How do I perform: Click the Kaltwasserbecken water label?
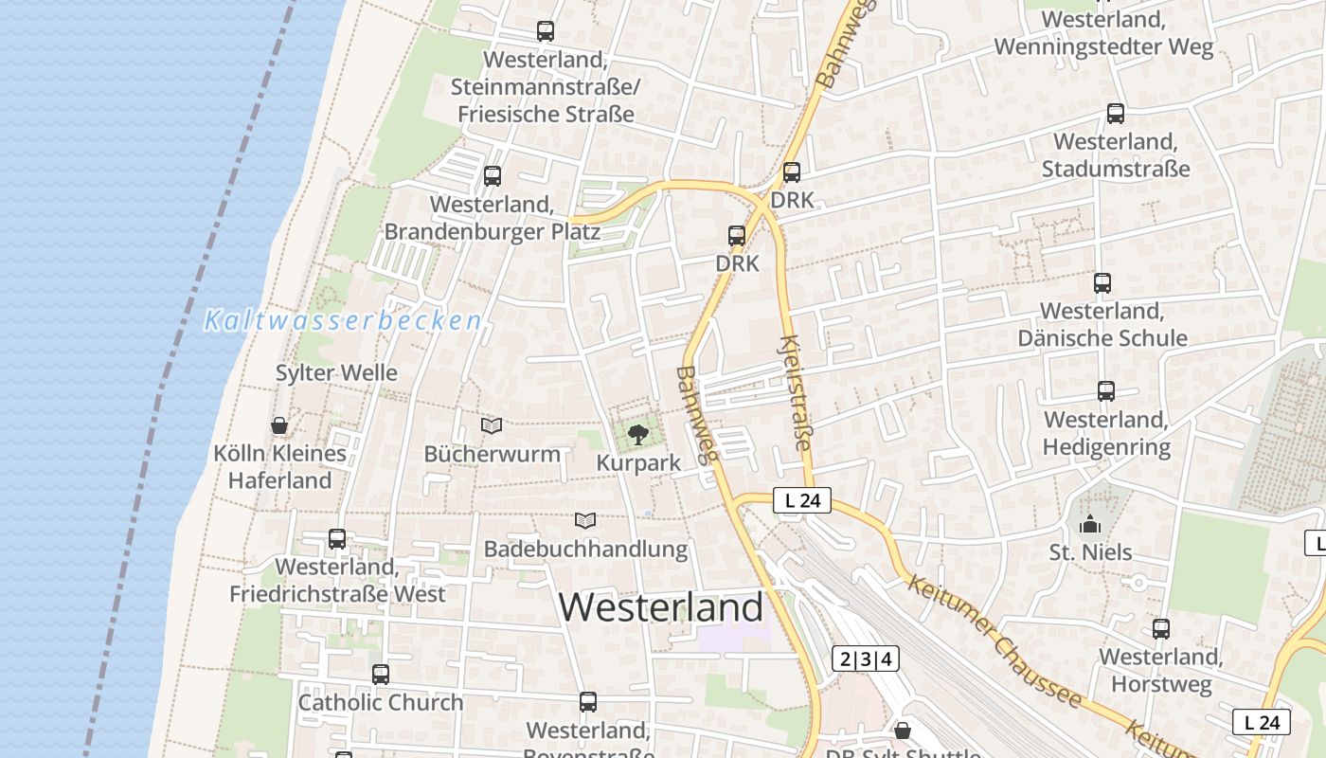343,321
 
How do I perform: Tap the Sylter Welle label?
336,372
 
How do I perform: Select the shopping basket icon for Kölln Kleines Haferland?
279,425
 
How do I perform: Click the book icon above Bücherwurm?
491,426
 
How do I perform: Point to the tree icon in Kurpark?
638,435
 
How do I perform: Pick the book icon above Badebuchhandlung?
585,520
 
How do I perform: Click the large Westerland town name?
660,606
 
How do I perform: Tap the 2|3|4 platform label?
866,659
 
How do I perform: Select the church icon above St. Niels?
1090,524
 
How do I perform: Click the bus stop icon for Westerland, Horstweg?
1160,628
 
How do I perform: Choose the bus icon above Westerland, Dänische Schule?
1102,282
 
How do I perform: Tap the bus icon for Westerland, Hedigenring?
1105,390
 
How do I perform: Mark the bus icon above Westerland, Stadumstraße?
1116,114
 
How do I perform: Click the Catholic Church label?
381,702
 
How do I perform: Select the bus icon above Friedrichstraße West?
336,539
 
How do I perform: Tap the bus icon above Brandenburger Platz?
492,175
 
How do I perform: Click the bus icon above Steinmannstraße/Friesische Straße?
545,31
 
